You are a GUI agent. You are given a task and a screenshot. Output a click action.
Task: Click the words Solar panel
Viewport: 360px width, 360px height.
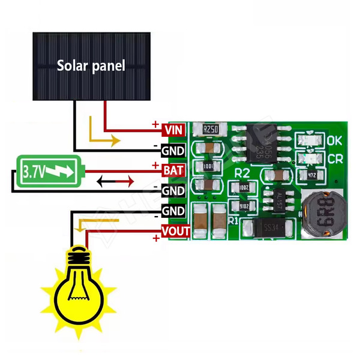(91, 65)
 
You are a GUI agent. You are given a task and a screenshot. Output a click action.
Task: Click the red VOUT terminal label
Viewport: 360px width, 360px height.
(176, 231)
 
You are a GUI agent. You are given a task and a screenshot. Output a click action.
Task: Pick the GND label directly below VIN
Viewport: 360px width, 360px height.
(173, 149)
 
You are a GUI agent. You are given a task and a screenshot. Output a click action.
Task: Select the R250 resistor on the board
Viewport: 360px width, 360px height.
(211, 130)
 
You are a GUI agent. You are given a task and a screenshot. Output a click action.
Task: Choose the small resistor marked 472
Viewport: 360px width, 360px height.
(311, 175)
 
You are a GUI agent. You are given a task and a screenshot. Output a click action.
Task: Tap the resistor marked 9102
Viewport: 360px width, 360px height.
(244, 205)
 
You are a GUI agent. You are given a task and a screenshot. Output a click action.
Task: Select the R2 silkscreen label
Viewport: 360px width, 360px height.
(242, 172)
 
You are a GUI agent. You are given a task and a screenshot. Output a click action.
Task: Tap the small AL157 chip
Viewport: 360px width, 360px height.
(279, 199)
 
